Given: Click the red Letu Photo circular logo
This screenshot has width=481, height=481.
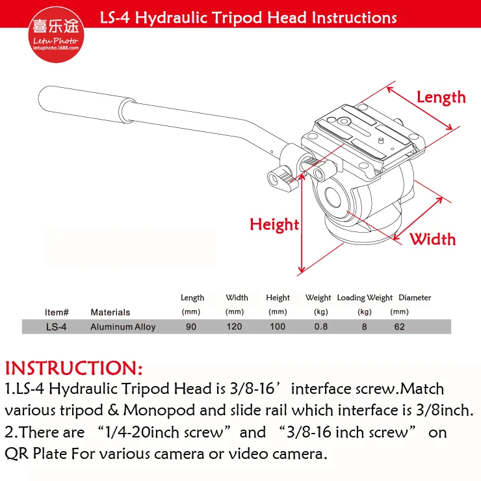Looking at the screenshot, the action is (56, 34).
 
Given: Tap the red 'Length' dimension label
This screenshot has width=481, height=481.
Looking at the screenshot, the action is (441, 97).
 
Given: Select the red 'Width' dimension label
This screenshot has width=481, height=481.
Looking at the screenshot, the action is (432, 239).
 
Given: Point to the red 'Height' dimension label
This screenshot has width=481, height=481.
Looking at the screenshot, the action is (274, 224).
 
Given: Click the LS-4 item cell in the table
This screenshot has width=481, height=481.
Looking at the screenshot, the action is (56, 327).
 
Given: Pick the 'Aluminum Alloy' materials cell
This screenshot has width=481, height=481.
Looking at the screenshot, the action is (123, 327).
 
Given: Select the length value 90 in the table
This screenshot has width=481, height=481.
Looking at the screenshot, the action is (191, 327).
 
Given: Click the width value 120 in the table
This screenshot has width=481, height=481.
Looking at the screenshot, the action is (235, 327).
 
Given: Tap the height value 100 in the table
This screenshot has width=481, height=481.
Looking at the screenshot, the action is (278, 327).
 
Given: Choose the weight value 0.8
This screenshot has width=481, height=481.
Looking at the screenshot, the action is (321, 327).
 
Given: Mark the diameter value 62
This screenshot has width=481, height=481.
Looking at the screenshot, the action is (399, 327).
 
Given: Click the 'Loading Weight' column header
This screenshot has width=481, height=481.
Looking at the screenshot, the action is (365, 298).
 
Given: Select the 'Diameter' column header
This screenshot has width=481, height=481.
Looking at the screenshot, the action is (415, 297).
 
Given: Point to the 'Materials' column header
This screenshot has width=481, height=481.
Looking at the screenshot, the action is (110, 312).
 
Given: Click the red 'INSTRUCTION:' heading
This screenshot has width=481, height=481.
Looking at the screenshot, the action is (74, 368).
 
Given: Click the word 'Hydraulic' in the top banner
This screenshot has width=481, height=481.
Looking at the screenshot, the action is (171, 18).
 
